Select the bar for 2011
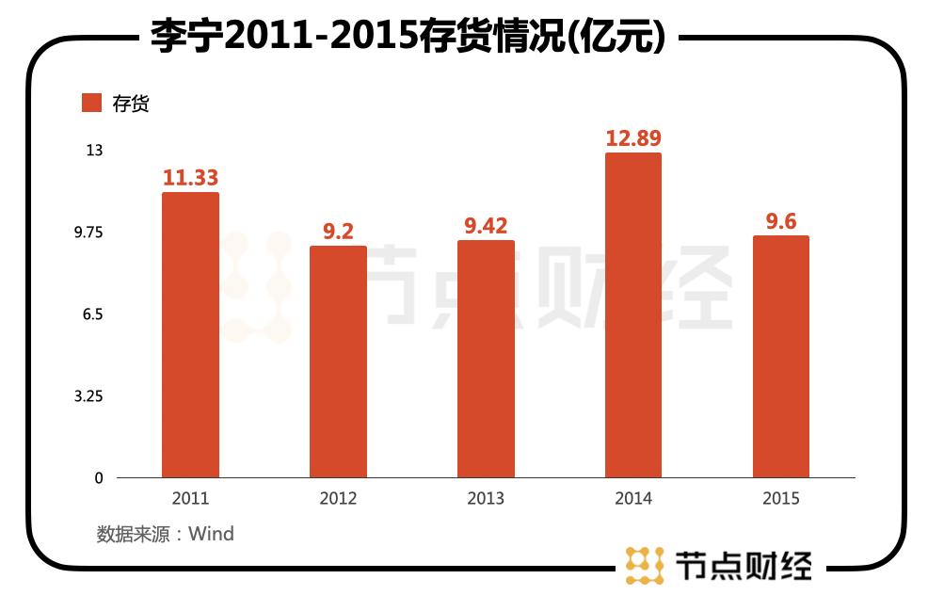coord(190,335)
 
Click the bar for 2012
coord(338,362)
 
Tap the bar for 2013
coord(486,359)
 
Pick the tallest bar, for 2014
coord(633,315)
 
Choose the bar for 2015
coord(781,357)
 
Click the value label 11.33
coord(190,178)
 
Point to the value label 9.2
coord(338,232)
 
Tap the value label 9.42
coord(486,226)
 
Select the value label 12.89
coord(633,138)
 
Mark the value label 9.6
coord(781,221)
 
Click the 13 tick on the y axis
coord(95,151)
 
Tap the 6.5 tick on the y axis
coord(91,314)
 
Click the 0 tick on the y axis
coord(99,478)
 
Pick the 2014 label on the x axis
coord(633,499)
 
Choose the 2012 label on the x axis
coord(338,499)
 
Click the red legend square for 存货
coord(91,103)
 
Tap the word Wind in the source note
coord(211,535)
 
